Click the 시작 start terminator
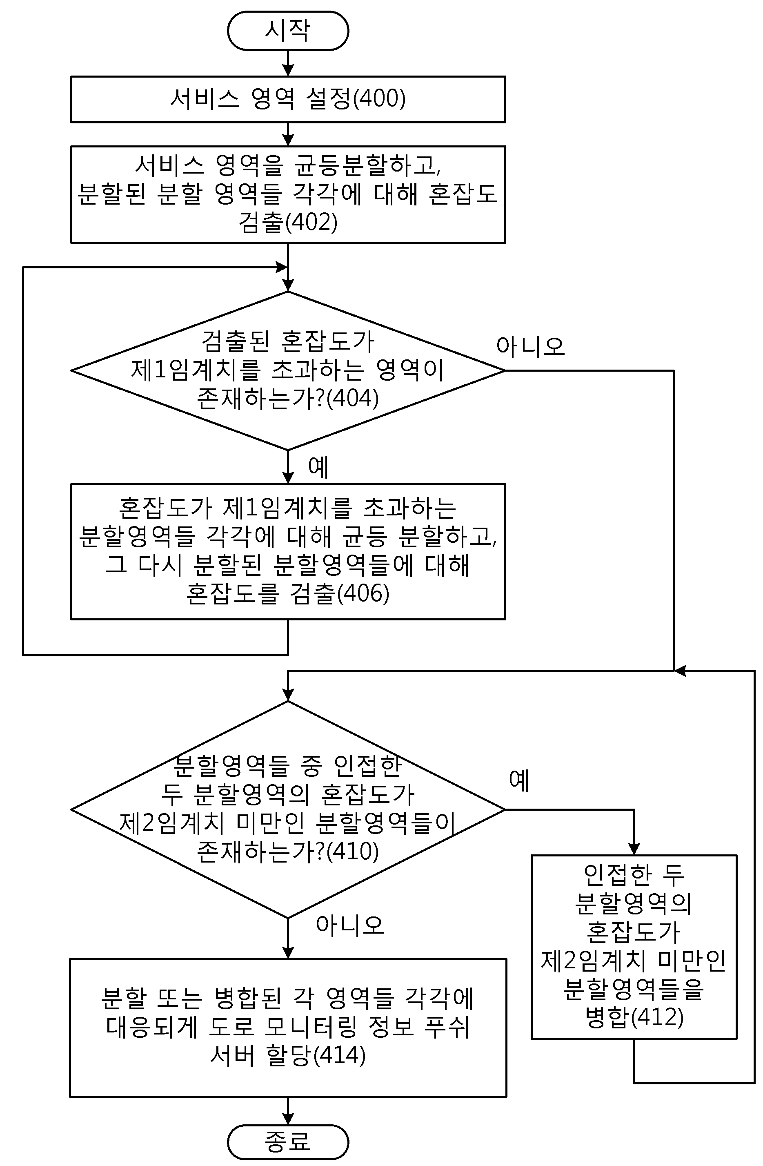[288, 30]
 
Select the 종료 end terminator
[288, 1142]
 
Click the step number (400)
[379, 98]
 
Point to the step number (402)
[311, 222]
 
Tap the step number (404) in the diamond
[353, 398]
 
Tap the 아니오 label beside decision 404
[530, 346]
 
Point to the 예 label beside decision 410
[520, 780]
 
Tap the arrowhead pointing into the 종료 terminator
[288, 1119]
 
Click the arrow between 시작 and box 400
[288, 63]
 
